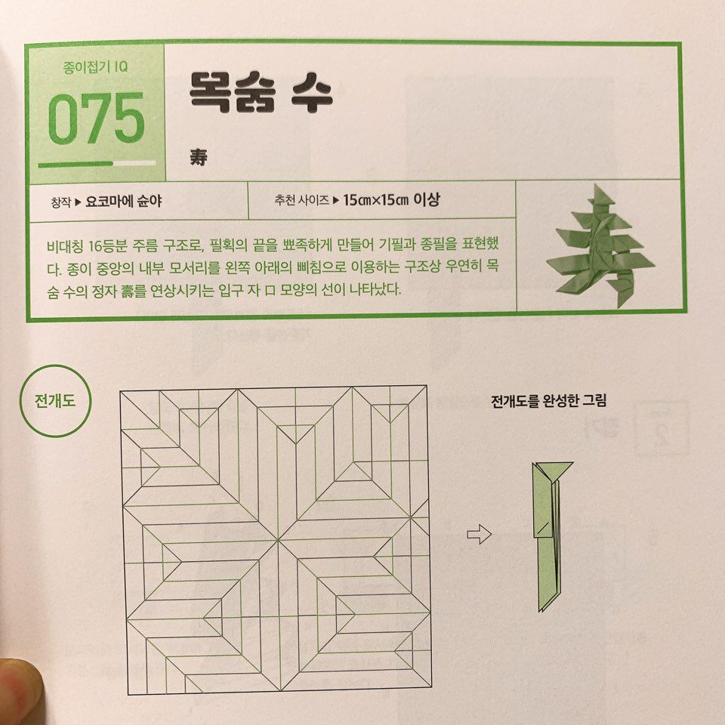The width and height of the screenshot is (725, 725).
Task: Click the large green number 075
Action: [97, 118]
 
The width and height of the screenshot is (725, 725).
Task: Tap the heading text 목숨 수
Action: [261, 92]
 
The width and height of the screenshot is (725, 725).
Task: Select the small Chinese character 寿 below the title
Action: [199, 157]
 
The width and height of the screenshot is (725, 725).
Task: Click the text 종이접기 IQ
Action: [95, 67]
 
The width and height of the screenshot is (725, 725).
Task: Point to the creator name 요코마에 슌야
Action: [123, 201]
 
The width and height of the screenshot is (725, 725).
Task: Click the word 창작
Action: [61, 202]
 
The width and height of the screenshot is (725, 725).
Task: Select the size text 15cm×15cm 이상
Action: [391, 199]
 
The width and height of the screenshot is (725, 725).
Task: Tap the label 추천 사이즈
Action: [301, 200]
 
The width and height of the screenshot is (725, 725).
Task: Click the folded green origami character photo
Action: [600, 245]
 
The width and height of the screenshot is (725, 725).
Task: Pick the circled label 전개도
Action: [55, 400]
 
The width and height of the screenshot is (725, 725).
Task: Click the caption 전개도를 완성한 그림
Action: [548, 400]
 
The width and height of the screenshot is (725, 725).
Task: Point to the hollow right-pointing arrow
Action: [479, 535]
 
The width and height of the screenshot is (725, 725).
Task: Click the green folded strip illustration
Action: [548, 536]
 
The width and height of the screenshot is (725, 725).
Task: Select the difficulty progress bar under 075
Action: [97, 164]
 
